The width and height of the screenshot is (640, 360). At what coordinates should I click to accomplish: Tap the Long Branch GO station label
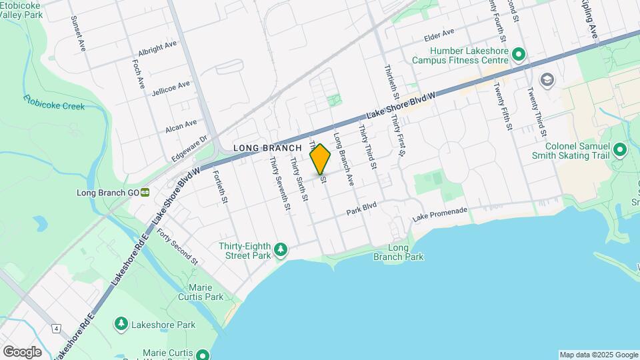pyautogui.click(x=107, y=193)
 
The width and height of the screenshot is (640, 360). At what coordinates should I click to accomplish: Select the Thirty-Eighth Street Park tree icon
pyautogui.click(x=281, y=250)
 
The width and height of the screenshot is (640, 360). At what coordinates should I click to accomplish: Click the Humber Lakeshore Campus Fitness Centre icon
pyautogui.click(x=519, y=54)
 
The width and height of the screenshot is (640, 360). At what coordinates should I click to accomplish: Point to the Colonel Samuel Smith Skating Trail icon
pyautogui.click(x=620, y=150)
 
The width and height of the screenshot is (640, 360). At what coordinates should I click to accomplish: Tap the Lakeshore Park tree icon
pyautogui.click(x=121, y=324)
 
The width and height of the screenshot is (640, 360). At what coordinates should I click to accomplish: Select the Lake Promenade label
pyautogui.click(x=438, y=215)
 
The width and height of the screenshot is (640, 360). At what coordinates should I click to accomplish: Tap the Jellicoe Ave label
pyautogui.click(x=171, y=87)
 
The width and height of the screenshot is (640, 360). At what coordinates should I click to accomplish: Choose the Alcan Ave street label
pyautogui.click(x=181, y=124)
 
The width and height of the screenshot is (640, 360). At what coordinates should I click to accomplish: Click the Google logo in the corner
pyautogui.click(x=22, y=351)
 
